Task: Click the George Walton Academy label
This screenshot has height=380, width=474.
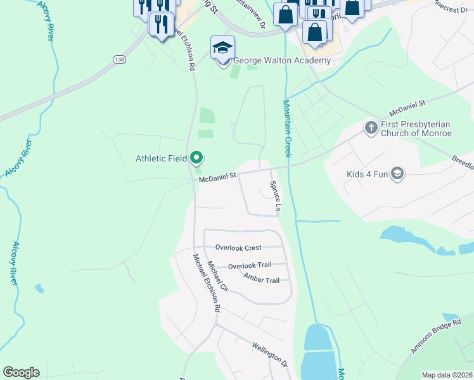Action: click(282, 61)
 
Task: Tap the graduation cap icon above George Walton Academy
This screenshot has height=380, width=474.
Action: click(222, 47)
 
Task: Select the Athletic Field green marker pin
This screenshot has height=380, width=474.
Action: click(197, 158)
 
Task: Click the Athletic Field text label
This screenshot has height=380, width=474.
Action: click(161, 158)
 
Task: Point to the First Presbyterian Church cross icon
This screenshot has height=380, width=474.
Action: click(371, 127)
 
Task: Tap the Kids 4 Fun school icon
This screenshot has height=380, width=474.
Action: click(397, 174)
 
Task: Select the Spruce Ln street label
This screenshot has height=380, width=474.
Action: click(276, 196)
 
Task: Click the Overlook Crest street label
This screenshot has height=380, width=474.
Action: click(238, 248)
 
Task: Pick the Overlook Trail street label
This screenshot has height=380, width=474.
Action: click(250, 266)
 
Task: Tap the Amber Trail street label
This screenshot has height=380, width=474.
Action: click(261, 279)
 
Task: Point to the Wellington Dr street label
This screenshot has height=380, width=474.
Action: click(270, 355)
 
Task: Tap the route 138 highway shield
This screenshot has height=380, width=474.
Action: click(119, 59)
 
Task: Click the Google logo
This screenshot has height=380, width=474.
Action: click(21, 372)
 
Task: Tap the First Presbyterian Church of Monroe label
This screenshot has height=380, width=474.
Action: click(416, 129)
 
